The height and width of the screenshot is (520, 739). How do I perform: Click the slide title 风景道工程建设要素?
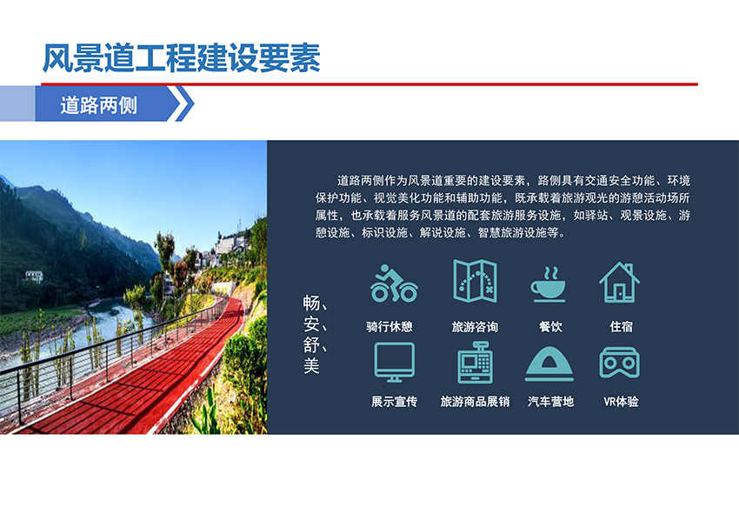[182, 58]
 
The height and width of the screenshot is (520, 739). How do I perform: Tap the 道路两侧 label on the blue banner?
[98, 105]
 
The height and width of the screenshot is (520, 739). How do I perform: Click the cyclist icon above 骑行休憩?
[394, 283]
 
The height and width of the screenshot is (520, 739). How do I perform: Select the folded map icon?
[475, 281]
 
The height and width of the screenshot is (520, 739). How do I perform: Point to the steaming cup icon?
[548, 284]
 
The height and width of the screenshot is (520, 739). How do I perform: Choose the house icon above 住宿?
[619, 283]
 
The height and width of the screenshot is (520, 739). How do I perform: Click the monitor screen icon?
[394, 362]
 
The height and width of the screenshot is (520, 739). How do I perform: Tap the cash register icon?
[475, 362]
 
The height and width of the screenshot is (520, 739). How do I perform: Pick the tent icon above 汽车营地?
[549, 363]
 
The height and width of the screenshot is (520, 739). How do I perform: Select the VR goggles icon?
[619, 362]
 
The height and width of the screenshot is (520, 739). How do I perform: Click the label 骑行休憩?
[389, 326]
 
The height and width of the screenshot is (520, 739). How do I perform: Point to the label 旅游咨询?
[475, 326]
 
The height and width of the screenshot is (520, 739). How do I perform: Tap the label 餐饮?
[550, 326]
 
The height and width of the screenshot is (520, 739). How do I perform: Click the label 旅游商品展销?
[475, 401]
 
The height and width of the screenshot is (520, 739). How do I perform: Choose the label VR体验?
[621, 401]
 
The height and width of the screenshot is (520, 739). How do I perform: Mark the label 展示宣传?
[394, 401]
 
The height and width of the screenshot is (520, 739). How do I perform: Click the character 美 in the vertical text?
[311, 365]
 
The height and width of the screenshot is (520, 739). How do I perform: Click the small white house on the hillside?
[34, 277]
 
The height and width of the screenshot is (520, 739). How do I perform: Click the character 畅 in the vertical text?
[311, 303]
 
